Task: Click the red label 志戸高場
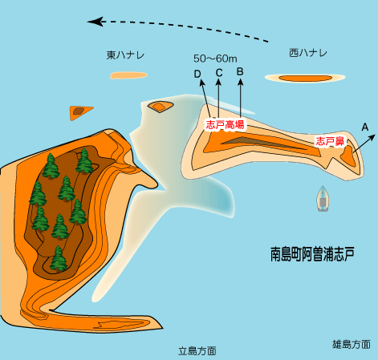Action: tap(225, 124)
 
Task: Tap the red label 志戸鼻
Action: tap(330, 141)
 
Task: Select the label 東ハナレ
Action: tap(125, 55)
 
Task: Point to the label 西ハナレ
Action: tap(308, 53)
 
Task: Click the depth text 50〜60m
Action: tap(215, 59)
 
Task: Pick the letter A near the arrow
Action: tap(365, 127)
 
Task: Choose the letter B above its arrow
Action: tap(240, 71)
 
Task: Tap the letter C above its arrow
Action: tap(219, 73)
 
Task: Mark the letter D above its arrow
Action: tap(197, 74)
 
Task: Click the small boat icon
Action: tap(323, 199)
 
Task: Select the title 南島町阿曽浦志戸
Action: tap(312, 254)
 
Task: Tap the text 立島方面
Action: tap(197, 351)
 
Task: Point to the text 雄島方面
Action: tap(352, 345)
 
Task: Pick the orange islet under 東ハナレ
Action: tap(128, 75)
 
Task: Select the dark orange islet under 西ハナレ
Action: tap(305, 78)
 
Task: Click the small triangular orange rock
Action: tap(79, 112)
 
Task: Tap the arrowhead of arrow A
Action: tap(372, 138)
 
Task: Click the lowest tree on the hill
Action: tap(59, 258)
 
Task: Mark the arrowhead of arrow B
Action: tap(241, 82)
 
